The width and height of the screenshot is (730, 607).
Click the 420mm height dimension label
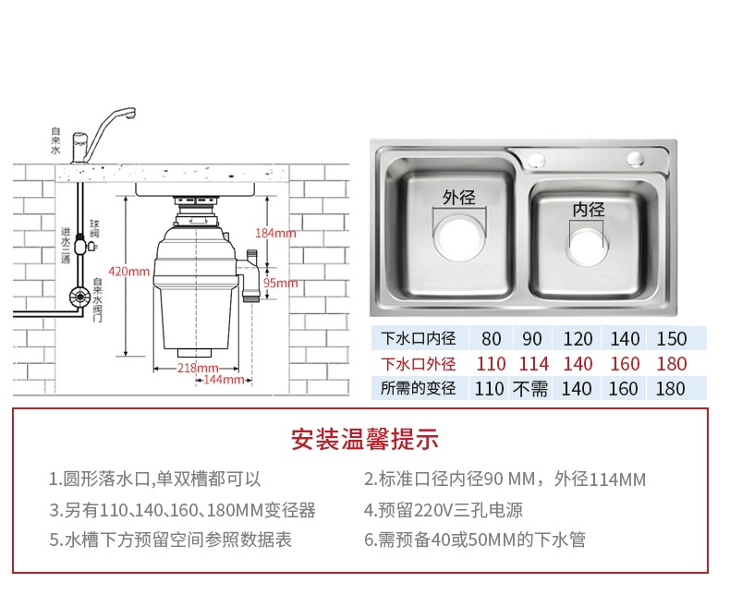point(128,272)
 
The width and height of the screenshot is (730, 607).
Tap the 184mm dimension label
point(276,233)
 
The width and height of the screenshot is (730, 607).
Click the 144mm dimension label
point(223,380)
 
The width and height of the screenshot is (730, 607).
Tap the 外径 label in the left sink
point(458,198)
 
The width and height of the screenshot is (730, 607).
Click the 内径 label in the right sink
point(588,210)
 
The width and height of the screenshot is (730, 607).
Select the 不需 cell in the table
point(531,389)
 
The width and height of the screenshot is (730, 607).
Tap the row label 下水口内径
point(419,339)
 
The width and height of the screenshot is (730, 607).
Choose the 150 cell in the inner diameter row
point(672,339)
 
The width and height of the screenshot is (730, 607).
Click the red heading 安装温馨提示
point(364,439)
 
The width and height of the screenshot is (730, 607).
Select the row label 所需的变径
point(419,389)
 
